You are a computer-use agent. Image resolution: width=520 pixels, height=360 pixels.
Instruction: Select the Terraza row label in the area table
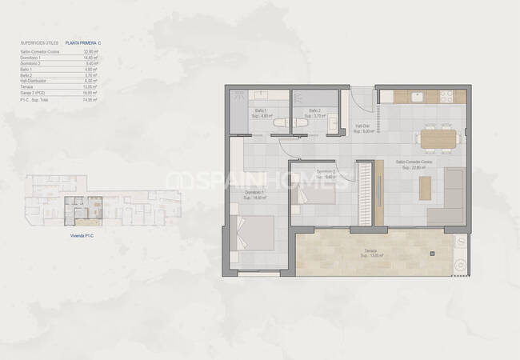pyautogui.click(x=26, y=86)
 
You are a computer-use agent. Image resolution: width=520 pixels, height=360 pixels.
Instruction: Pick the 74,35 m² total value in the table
pyautogui.click(x=90, y=100)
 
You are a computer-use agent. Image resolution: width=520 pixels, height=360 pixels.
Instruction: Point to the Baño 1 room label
pyautogui.click(x=261, y=112)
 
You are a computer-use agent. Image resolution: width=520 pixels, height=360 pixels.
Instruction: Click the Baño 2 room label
pyautogui.click(x=314, y=112)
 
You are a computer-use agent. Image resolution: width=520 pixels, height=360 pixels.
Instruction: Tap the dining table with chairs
pyautogui.click(x=438, y=138)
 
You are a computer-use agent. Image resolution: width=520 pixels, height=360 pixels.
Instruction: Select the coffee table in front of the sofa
pyautogui.click(x=424, y=187)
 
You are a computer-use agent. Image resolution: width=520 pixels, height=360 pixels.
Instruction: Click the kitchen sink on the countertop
pyautogui.click(x=418, y=96)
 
